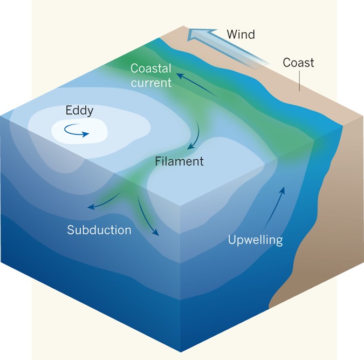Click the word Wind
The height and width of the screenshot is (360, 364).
point(241,35)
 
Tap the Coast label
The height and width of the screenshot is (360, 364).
point(298,63)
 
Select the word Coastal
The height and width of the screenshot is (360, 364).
point(151,69)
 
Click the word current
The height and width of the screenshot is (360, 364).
point(151,83)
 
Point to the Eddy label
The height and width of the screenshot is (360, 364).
point(79,111)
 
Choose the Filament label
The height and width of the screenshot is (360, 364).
point(179,161)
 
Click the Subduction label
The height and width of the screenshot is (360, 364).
point(99,230)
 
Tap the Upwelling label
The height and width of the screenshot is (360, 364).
point(255,240)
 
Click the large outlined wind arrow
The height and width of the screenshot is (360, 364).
point(226,46)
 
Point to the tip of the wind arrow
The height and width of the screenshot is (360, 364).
point(188,36)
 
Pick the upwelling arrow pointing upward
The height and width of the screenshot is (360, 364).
point(274,207)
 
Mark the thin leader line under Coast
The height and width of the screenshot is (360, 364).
point(299,81)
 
